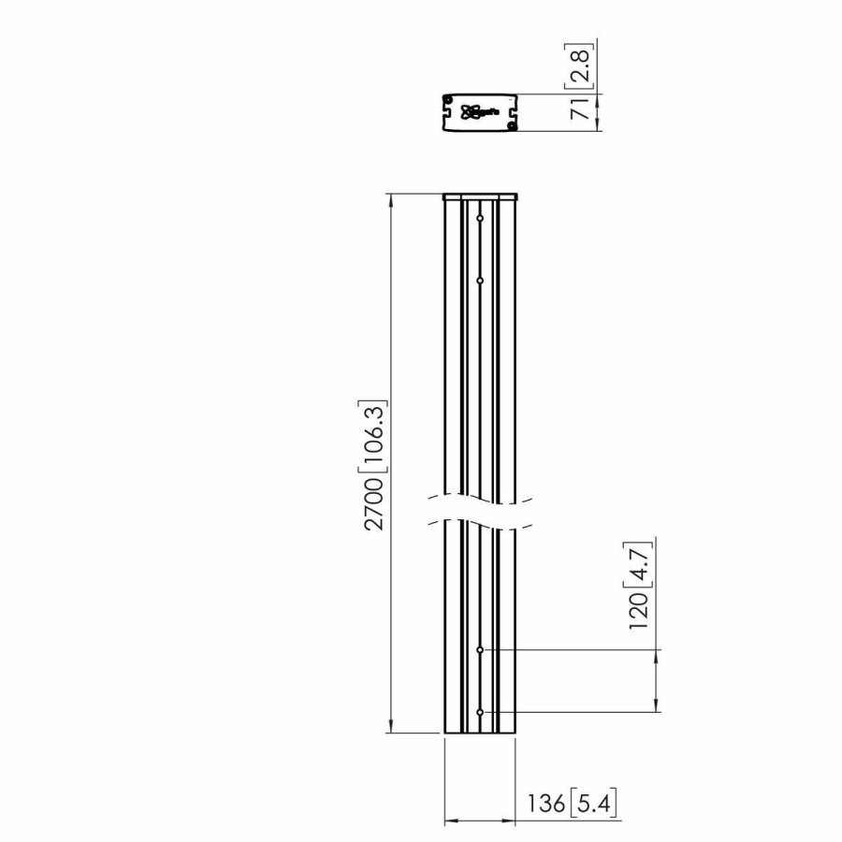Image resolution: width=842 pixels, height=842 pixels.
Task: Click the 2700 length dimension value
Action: click(374, 505)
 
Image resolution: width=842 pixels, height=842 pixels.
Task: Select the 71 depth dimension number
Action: click(581, 110)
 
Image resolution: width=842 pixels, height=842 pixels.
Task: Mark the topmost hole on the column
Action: click(480, 219)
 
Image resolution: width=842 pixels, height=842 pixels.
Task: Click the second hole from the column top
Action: click(480, 280)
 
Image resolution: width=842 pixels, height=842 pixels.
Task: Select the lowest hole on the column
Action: click(480, 713)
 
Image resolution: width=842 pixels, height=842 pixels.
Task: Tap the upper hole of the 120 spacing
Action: click(480, 648)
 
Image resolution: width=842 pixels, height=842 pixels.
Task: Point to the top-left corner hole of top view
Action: click(448, 100)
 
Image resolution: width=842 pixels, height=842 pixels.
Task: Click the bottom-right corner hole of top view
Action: click(511, 126)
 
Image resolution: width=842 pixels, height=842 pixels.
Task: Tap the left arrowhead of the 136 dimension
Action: click(448, 821)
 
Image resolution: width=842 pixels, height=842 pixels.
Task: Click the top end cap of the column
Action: click(480, 196)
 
